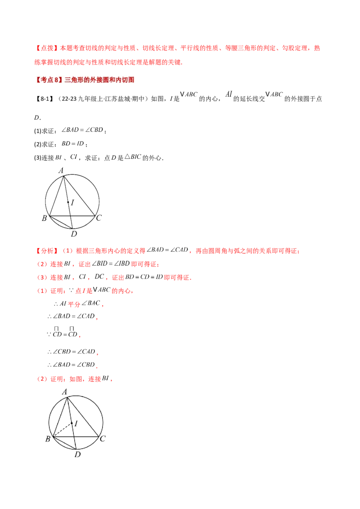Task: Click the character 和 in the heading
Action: (111, 80)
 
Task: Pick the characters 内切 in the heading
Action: (121, 80)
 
